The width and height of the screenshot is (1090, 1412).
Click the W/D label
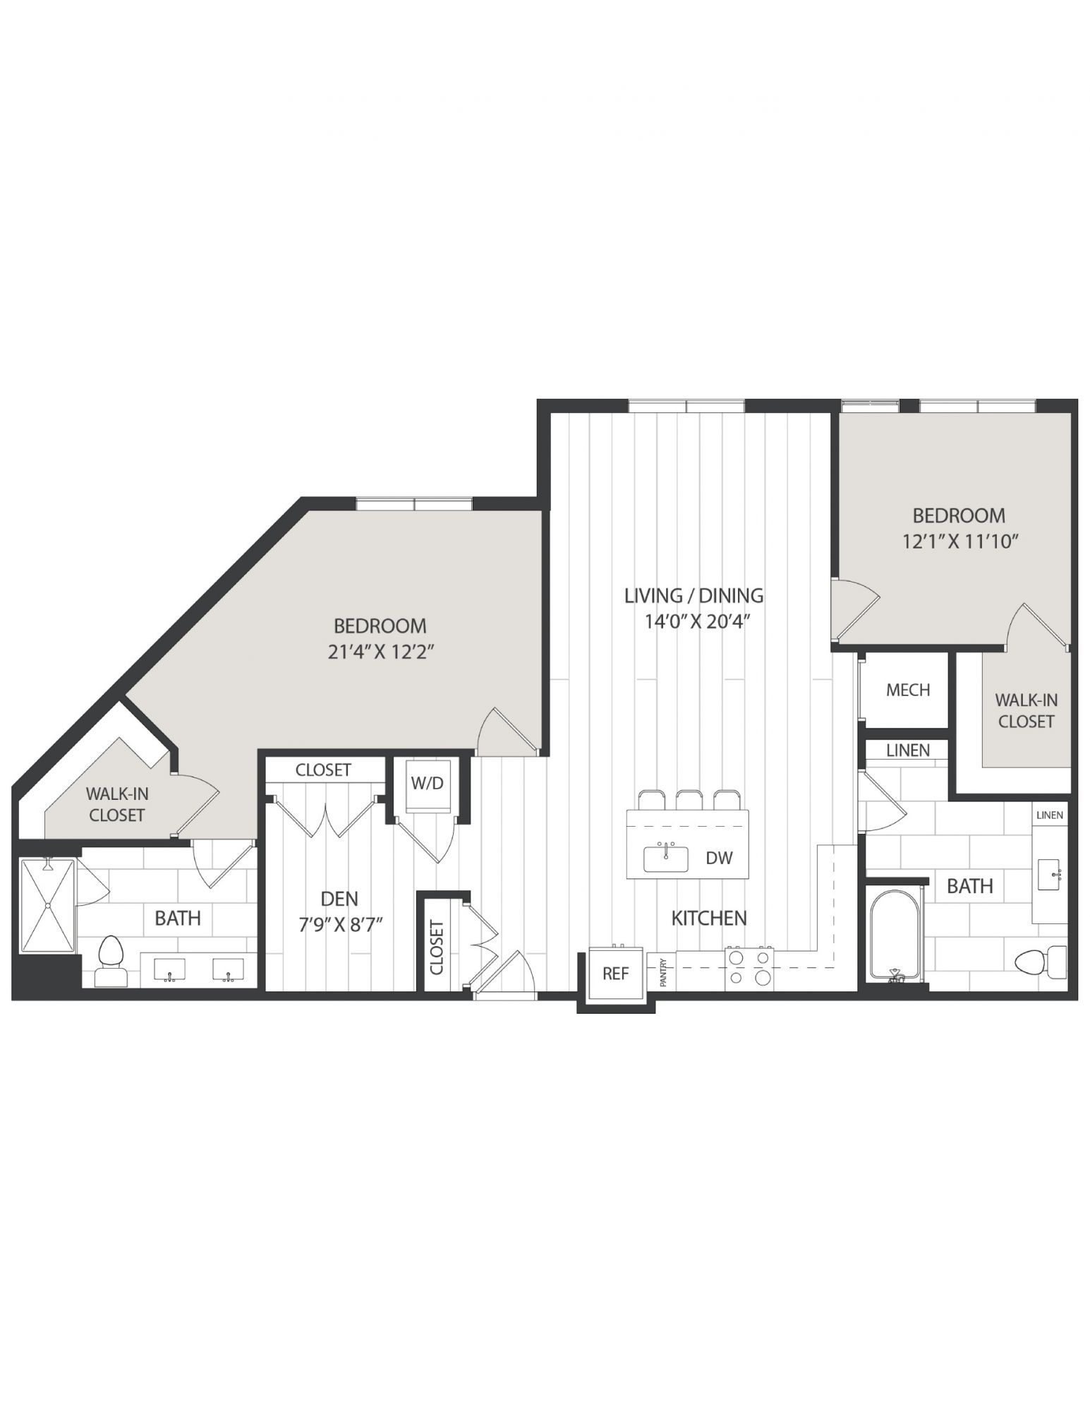tap(428, 783)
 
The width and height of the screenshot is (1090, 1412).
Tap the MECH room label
tap(907, 690)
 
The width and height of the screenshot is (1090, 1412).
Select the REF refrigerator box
tap(615, 973)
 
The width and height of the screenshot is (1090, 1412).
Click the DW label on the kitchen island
tap(719, 858)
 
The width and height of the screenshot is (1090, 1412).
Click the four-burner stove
tap(749, 968)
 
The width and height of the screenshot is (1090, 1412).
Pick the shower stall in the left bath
tap(47, 906)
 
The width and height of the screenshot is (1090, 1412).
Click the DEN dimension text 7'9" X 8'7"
tap(341, 925)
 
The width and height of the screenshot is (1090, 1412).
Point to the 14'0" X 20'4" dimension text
tap(696, 622)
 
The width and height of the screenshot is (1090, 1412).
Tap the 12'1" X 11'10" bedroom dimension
tap(960, 542)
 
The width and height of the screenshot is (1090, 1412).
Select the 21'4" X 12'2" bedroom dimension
tap(380, 652)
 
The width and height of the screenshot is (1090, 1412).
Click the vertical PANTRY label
tap(663, 971)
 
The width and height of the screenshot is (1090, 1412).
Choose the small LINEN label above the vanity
tap(1050, 815)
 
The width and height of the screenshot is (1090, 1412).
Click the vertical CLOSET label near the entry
tap(437, 947)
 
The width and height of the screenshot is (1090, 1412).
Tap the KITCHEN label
tap(709, 918)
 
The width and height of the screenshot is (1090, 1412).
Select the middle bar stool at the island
tap(689, 800)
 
